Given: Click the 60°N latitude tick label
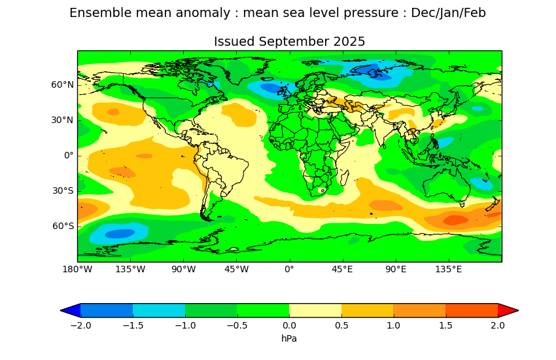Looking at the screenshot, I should pos(63,84).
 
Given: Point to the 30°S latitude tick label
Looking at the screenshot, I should pos(63,190).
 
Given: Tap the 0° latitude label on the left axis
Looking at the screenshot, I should pos(68,155).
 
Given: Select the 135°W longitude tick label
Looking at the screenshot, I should pos(130,269).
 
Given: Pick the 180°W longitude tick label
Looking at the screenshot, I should pos(77,269).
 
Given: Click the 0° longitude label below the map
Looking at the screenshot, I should pos(289,269).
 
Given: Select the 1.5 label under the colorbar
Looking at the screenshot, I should pos(445,325).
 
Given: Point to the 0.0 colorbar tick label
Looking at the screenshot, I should pos(289,325).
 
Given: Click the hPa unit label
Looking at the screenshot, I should pos(289,338).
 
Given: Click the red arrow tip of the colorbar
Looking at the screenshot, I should pos(508,310).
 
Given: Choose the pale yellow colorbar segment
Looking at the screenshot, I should pos(315,310).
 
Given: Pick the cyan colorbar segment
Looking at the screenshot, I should pos(159,310).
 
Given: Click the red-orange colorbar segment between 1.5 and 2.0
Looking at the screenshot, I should pos(472,310).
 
